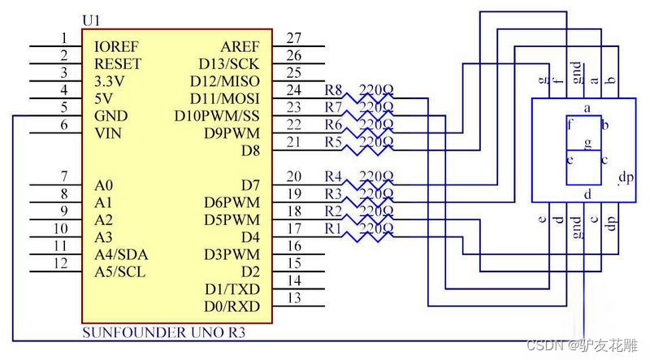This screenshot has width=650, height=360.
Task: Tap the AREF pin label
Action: point(240,46)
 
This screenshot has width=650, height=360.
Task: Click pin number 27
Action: point(294,37)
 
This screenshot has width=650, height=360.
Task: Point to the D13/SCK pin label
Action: point(229,63)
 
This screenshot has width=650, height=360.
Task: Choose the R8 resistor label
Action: point(334,89)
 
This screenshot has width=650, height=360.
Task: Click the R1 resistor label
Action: point(334,228)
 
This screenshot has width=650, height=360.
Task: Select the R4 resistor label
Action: point(334,176)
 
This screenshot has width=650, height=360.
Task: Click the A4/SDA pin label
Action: point(121,254)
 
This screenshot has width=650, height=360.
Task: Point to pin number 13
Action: point(294,298)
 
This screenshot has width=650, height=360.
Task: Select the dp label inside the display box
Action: point(626,177)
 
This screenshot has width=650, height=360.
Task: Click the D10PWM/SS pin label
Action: point(217,115)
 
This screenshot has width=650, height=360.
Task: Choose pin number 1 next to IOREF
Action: point(63,37)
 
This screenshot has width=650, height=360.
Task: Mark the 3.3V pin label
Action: point(110,80)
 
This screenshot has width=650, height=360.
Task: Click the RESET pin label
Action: point(118,63)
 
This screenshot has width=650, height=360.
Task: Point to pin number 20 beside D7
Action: point(294,176)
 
